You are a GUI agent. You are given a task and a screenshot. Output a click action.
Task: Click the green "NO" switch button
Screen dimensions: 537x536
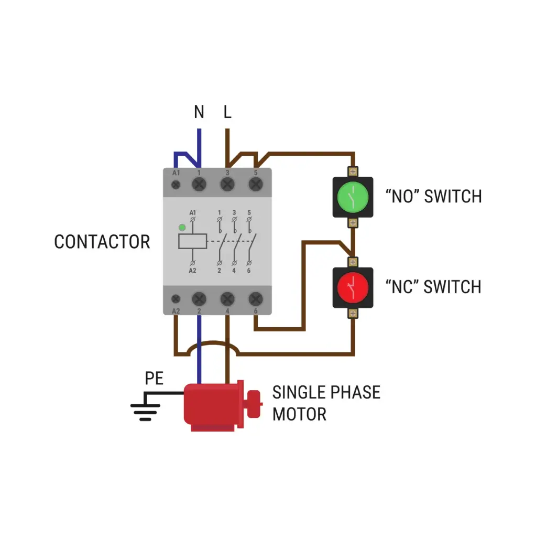click(353, 197)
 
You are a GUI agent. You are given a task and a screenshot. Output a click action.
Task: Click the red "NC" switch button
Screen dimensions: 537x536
click(353, 287)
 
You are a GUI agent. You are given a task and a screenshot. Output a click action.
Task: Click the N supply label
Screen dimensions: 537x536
click(199, 112)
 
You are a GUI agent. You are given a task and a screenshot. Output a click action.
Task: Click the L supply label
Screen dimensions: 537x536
click(227, 112)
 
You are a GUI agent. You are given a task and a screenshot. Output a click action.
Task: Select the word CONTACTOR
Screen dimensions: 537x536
click(102, 242)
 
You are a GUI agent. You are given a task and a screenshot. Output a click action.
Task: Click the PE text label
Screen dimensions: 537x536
click(155, 379)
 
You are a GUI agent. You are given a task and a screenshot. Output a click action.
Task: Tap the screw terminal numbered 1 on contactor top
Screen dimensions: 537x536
click(199, 184)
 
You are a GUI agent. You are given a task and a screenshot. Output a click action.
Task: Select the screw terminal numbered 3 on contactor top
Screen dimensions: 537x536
click(227, 184)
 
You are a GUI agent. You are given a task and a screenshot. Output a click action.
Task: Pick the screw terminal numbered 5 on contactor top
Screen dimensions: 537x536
click(255, 184)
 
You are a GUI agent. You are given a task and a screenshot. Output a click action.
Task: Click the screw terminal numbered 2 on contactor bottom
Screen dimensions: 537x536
click(199, 299)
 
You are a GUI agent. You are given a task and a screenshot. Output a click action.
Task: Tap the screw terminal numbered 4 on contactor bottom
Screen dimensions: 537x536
click(227, 299)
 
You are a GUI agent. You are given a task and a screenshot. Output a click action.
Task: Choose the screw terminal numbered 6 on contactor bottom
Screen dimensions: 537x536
click(255, 299)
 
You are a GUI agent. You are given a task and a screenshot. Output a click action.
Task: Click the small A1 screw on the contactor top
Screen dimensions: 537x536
click(177, 184)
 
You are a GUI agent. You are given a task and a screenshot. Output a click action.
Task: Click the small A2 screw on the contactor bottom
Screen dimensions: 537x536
click(177, 299)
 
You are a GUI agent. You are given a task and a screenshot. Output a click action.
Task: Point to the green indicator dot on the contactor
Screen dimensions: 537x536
click(182, 227)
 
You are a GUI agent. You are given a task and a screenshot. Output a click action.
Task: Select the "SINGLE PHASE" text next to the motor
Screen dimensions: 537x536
click(326, 392)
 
